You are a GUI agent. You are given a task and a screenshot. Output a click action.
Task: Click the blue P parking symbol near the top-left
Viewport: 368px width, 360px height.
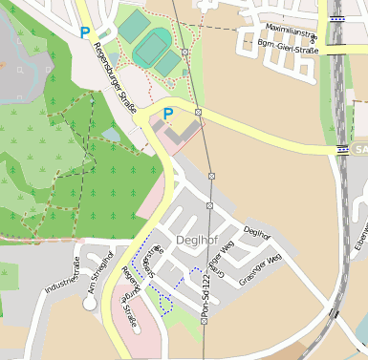pyautogui.click(x=85, y=32)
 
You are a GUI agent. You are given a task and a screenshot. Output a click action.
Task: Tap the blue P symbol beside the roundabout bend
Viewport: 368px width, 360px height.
pyautogui.click(x=168, y=114)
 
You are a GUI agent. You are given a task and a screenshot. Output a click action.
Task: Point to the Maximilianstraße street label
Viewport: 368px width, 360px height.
pyautogui.click(x=291, y=29)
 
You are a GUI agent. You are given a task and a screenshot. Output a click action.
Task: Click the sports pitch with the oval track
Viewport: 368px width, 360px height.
pyautogui.click(x=151, y=46)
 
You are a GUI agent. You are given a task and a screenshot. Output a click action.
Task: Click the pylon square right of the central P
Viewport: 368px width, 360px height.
pyautogui.click(x=198, y=113)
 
